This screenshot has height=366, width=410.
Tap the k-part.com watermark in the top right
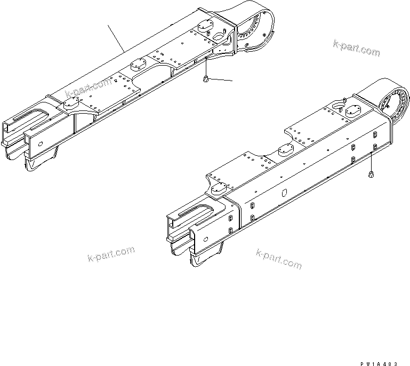click(357, 48)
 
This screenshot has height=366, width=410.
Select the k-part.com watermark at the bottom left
click(110, 254)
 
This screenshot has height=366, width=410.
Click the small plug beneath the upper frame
click(205, 80)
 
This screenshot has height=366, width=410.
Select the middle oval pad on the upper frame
click(138, 63)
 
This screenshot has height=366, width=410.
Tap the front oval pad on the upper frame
click(71, 106)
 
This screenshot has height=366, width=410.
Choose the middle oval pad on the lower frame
click(287, 151)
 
